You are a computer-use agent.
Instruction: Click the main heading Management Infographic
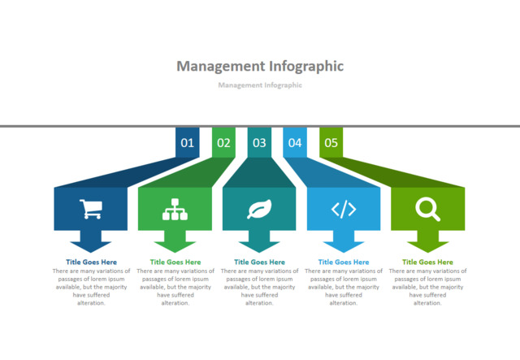(x=260, y=66)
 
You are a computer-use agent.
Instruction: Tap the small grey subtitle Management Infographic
(x=260, y=85)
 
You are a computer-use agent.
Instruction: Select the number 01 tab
(x=188, y=143)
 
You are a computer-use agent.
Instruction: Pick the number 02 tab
(x=223, y=143)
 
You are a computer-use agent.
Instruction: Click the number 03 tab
(x=259, y=143)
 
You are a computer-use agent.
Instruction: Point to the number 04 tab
(x=295, y=143)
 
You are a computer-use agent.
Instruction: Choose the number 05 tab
(x=331, y=143)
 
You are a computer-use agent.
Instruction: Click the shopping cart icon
(x=91, y=210)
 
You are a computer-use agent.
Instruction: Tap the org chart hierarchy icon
(x=175, y=210)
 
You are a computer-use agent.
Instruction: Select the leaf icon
(x=259, y=210)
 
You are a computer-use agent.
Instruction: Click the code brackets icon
(x=344, y=210)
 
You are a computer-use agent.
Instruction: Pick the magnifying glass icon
(x=427, y=210)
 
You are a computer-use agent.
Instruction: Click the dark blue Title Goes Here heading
(x=91, y=262)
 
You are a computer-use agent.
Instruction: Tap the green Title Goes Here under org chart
(x=175, y=262)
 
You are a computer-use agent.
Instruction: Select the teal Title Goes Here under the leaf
(x=259, y=262)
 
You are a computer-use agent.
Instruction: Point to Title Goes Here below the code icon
(x=344, y=262)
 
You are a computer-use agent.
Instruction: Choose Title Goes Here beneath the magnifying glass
(x=427, y=262)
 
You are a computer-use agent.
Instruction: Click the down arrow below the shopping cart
(x=91, y=242)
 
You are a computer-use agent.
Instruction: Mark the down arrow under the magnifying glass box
(x=427, y=242)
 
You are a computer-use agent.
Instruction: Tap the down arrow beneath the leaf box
(x=259, y=242)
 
